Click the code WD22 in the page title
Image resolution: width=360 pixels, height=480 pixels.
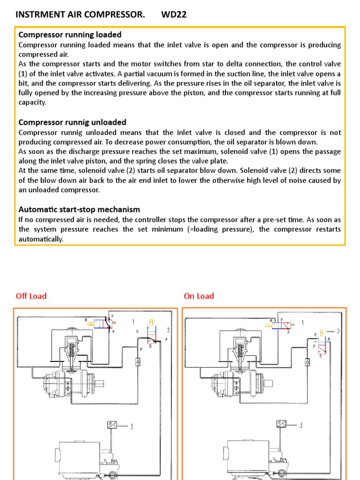[174, 15]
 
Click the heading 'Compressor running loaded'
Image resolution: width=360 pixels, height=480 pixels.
[70, 35]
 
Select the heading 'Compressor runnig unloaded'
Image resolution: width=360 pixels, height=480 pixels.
[72, 122]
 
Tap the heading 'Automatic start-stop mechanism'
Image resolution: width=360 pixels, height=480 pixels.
[79, 210]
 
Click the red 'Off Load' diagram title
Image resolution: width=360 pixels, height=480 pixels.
[31, 296]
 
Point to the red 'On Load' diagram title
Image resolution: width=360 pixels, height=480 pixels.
[199, 296]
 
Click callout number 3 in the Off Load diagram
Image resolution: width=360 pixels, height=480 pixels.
[131, 426]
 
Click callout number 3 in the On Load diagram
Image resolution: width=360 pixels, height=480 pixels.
[300, 426]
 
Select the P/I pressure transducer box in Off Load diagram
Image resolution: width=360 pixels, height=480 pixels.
[113, 425]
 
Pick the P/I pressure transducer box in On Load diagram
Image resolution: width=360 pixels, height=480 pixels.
[282, 425]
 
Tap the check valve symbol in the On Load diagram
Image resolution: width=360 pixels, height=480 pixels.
[307, 361]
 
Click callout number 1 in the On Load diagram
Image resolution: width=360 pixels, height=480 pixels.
[302, 323]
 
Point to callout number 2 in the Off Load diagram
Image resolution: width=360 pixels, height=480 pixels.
[167, 330]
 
